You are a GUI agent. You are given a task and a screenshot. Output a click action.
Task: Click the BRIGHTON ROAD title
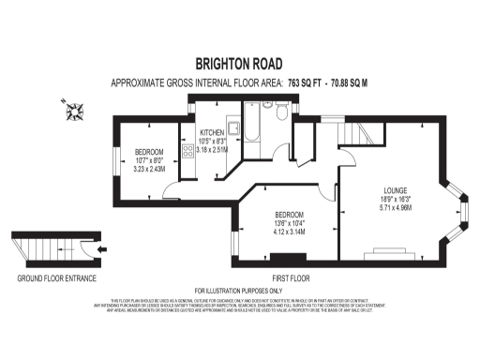tap(239, 64)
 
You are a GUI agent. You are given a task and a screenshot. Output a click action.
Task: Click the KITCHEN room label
tap(213, 132)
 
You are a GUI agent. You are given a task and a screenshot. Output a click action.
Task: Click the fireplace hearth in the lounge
tap(387, 251)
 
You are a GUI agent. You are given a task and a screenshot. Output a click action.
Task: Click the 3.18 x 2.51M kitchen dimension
tap(213, 148)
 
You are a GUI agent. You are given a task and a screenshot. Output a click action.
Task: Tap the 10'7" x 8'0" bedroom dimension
tap(149, 160)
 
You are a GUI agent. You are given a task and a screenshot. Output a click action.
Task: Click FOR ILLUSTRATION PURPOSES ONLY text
tap(239, 292)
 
